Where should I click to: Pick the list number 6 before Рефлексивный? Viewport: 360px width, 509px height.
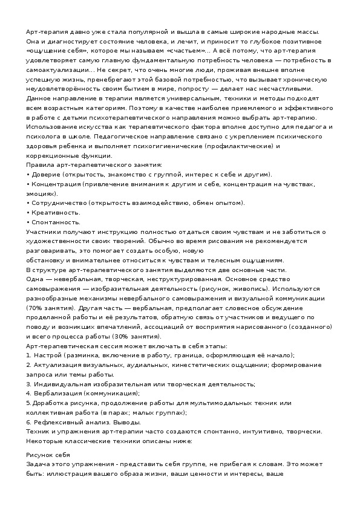(x=28, y=421)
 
